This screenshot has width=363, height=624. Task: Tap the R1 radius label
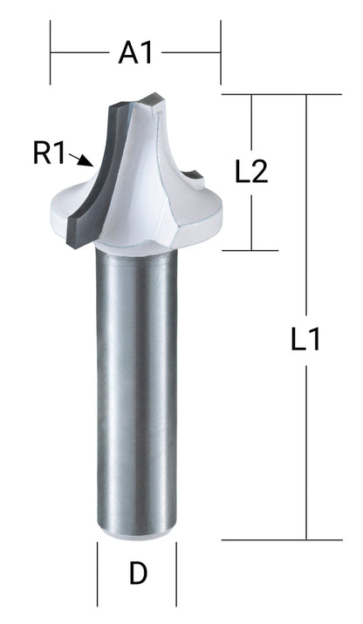pos(50,154)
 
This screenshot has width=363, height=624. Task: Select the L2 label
pos(251,172)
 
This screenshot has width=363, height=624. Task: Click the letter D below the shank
pos(137,573)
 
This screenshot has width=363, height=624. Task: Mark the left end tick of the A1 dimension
pos(51,53)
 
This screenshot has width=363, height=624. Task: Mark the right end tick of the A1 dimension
pos(221,53)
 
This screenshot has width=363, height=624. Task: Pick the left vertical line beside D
pos(96,567)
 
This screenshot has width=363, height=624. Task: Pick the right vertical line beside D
pos(177,567)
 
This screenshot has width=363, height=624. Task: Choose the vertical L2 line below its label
pos(251,218)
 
